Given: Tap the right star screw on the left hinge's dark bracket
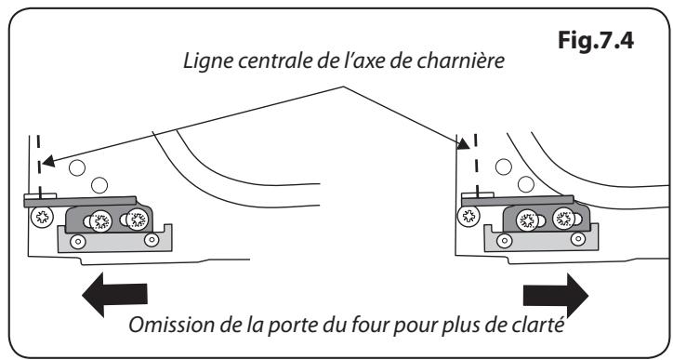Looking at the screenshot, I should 138,220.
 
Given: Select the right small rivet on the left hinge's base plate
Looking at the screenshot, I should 148,241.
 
